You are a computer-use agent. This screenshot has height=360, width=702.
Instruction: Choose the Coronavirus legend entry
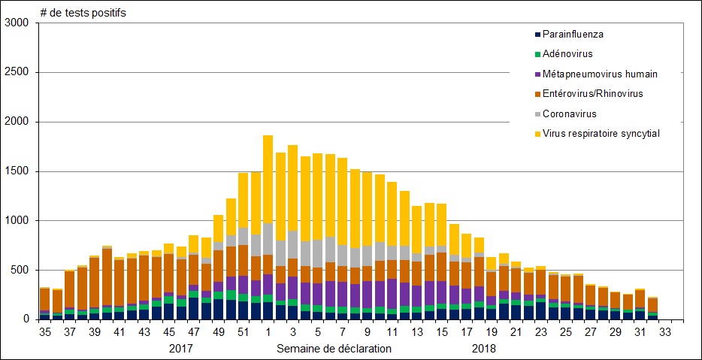click(570, 113)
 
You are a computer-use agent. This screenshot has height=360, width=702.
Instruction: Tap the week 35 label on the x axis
click(45, 331)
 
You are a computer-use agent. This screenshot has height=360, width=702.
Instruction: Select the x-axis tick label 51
click(243, 331)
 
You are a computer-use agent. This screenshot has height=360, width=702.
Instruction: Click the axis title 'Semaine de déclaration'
click(334, 349)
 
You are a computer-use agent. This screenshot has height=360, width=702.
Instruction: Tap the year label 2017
click(181, 349)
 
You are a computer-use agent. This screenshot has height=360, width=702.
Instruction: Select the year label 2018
click(484, 349)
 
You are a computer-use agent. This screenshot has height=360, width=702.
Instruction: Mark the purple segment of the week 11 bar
click(392, 293)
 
